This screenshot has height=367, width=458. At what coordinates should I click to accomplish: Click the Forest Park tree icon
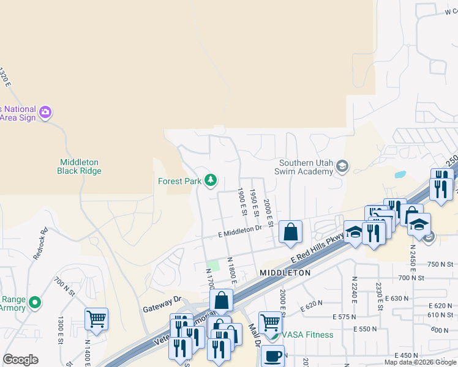click(211, 180)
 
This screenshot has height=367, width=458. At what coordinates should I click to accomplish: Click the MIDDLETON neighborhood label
click(285, 272)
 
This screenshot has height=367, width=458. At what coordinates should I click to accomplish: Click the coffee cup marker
click(272, 355)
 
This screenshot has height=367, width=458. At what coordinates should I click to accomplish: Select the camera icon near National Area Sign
click(45, 113)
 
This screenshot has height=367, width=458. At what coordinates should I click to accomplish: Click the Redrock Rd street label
click(40, 244)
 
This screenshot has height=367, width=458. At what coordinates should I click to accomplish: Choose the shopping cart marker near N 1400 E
click(96, 318)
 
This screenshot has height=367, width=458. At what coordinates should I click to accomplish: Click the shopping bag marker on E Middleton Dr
click(290, 231)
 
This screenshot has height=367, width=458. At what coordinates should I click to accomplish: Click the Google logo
click(20, 360)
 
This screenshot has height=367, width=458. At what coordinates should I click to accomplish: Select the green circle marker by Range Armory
click(36, 302)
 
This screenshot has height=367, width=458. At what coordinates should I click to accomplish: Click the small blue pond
click(400, 174)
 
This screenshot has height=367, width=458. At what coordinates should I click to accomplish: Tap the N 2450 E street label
click(413, 246)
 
